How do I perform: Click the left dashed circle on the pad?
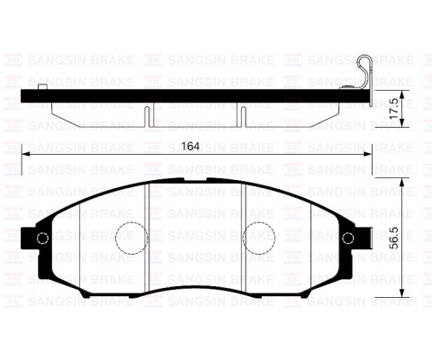131,237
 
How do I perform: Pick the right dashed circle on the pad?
259,237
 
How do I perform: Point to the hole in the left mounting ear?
41,238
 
